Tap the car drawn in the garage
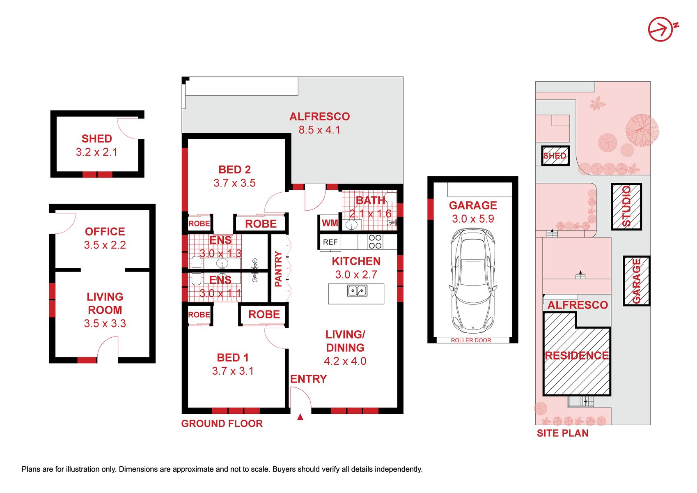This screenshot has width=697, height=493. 472,281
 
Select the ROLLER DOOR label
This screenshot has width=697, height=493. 471,341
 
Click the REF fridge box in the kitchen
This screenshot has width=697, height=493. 330,242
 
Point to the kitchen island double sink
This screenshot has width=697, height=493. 357,290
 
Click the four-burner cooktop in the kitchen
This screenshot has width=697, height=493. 375,242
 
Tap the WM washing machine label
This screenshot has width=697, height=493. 330,223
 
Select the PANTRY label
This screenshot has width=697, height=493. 278,269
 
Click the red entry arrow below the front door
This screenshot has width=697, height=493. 300,417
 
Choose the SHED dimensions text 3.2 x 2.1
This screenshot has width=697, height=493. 97,152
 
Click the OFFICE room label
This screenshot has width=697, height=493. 105,231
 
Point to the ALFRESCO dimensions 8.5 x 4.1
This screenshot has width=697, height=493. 320,130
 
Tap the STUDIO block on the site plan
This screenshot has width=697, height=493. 626,207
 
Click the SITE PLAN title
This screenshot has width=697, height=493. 563,433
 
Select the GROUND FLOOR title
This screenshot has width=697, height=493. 222,424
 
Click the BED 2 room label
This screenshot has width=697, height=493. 234,169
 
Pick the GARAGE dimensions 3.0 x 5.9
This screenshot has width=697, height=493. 473,219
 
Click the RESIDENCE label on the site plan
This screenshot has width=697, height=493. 577,355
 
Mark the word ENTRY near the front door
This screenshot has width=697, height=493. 308,379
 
